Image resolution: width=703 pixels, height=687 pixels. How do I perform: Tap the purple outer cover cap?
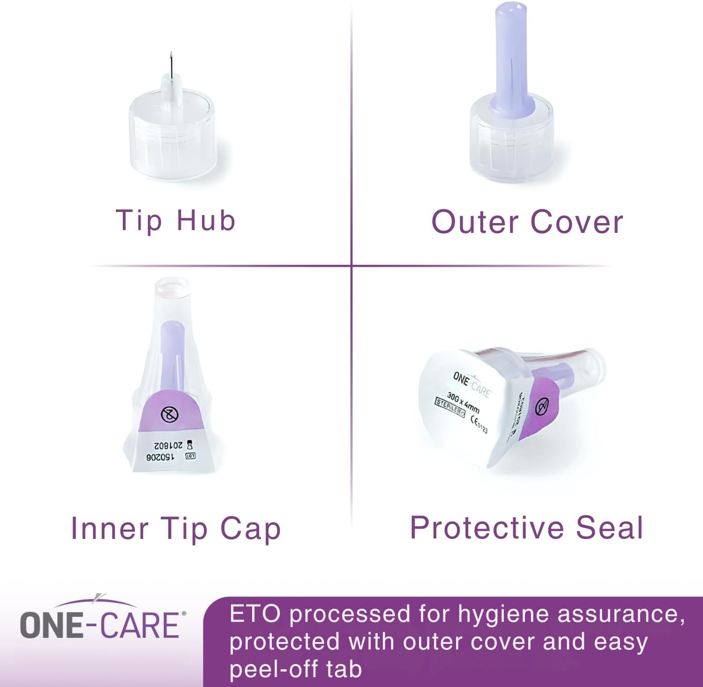click(x=510, y=61)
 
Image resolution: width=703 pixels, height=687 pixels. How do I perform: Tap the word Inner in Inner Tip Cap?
click(x=109, y=529)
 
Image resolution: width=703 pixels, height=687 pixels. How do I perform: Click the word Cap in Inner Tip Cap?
click(x=250, y=529)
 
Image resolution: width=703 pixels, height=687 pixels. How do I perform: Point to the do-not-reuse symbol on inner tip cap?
click(x=170, y=414)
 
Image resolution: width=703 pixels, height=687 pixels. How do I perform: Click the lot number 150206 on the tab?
click(x=160, y=457)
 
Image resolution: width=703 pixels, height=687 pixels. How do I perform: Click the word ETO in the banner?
click(x=254, y=614)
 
